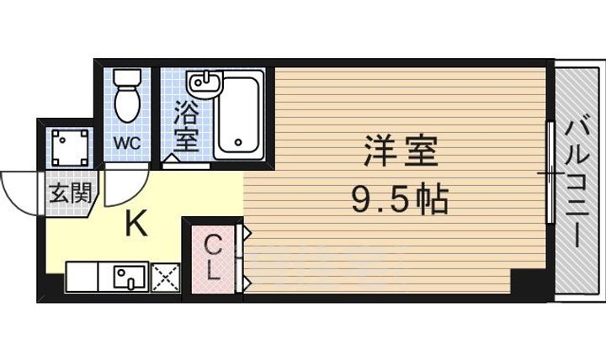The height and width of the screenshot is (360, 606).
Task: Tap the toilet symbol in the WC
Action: tap(127, 95)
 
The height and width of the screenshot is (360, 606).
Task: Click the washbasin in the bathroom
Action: tap(203, 83)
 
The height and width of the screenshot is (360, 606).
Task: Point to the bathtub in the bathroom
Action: tap(239, 114)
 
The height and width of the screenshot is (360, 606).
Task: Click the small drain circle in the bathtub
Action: tap(239, 142)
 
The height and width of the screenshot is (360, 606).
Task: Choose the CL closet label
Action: tap(213, 257)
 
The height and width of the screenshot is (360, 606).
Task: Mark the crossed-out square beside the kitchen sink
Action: tap(164, 277)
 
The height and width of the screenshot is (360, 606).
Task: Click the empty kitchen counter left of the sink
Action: tap(81, 277)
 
